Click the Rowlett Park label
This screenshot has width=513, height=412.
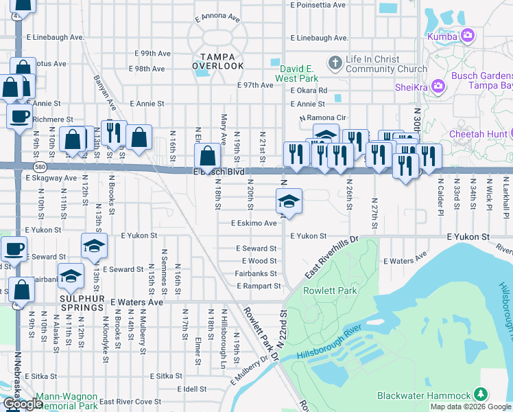(x=331, y=290)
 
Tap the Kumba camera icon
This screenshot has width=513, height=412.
(x=468, y=34)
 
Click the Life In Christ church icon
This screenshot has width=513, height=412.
(x=335, y=64)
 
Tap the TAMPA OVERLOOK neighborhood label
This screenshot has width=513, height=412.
(x=218, y=60)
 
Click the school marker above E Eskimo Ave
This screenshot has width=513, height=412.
(x=289, y=201)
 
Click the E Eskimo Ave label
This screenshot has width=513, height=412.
(x=254, y=223)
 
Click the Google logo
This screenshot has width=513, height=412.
(x=22, y=403)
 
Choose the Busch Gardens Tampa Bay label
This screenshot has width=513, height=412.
(x=481, y=80)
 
